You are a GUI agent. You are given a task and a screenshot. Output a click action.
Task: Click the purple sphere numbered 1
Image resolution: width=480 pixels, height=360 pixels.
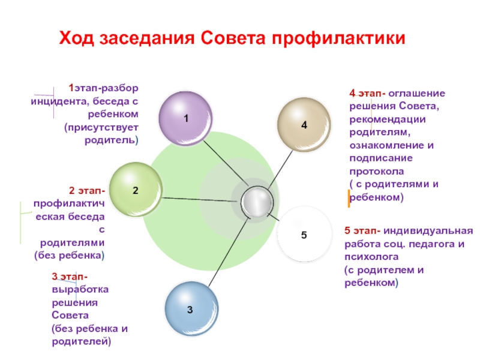(185, 118)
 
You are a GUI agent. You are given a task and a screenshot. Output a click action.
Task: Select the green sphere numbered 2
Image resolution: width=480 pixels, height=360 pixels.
(135, 189)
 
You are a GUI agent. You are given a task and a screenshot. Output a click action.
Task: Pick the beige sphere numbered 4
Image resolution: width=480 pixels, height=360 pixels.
(304, 124)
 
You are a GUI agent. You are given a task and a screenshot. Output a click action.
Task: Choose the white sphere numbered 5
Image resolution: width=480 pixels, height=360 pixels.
(304, 234)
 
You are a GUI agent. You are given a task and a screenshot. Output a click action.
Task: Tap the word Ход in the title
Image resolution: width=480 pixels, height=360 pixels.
(76, 40)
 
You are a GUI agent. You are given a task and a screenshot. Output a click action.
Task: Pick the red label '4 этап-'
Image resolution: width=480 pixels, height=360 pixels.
(367, 94)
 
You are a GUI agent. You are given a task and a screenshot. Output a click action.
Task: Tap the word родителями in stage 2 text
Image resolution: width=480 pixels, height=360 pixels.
(73, 242)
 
